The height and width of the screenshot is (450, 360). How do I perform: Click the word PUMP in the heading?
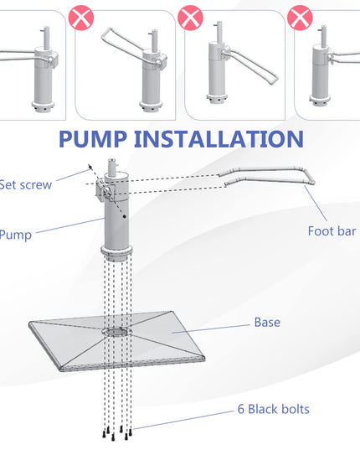(x=93, y=139)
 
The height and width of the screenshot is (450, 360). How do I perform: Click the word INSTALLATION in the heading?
(x=219, y=139)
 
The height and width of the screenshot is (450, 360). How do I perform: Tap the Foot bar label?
(x=332, y=231)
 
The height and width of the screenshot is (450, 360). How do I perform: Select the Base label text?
(x=267, y=323)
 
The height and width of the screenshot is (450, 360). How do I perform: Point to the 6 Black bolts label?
(x=274, y=409)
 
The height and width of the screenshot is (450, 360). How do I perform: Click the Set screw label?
(x=25, y=185)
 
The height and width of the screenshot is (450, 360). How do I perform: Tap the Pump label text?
(x=15, y=235)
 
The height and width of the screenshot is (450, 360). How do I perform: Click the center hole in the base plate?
(x=117, y=332)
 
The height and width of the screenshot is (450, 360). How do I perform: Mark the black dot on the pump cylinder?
(x=125, y=216)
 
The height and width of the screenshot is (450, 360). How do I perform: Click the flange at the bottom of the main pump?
(x=116, y=253)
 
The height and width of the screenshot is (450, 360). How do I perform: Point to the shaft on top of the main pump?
(x=113, y=166)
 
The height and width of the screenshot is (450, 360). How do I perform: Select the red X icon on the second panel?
(x=81, y=18)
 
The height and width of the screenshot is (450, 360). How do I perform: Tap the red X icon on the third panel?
(x=190, y=18)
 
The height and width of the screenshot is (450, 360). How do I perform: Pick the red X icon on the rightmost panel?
(x=300, y=18)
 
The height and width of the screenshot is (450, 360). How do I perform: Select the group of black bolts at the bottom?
(x=117, y=432)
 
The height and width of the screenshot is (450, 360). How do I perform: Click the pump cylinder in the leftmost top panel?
(x=44, y=80)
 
